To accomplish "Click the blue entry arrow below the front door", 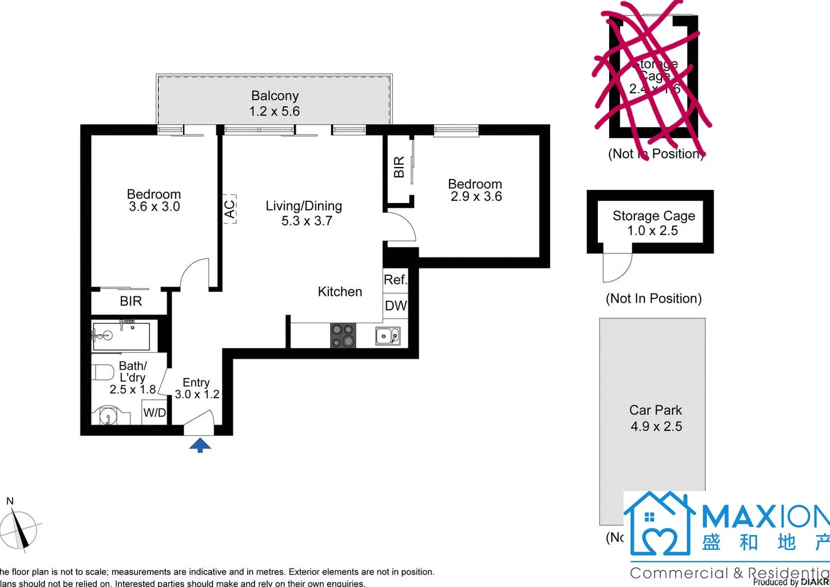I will pos(200,445).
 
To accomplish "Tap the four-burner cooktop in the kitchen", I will pos(343,335).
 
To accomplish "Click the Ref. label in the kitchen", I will pos(395,280).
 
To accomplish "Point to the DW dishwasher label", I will pos(395,306).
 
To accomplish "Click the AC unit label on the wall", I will pos(229,209).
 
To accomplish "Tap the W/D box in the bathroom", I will pos(154,413).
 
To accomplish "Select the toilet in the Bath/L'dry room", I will pos(103,372).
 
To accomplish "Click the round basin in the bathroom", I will pos(108,415).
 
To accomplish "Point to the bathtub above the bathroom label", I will pos(121,337).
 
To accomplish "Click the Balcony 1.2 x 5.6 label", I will pos(275,104).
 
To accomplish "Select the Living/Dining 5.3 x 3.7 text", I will pos(304,213).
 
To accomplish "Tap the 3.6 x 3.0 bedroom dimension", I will pos(154,207).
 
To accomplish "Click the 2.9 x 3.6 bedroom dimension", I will pos(476,197).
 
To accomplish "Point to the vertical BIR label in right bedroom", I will pos(399,166).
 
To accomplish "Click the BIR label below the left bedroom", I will pos(130,302).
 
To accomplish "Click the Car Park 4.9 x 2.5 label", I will pos(656,418).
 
